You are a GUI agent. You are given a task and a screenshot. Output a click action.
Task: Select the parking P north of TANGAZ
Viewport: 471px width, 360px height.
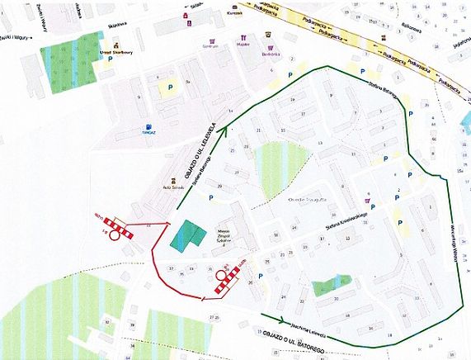click(x=172, y=86)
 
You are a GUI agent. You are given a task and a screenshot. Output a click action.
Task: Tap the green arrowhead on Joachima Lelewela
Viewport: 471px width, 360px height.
click(x=283, y=320)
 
